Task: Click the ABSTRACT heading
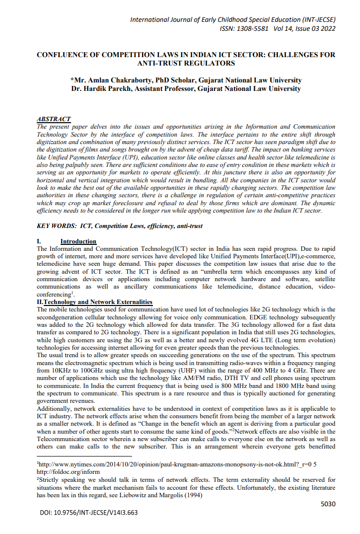pos(54,120)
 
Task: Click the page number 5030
pos(328,504)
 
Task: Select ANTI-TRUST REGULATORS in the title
pos(186,63)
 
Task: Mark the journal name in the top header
pos(232,20)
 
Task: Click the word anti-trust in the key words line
pos(188,226)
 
